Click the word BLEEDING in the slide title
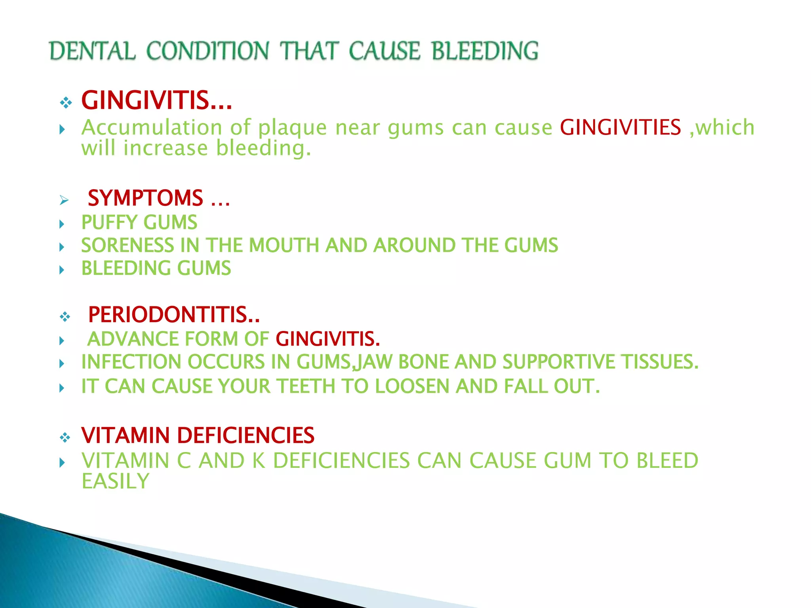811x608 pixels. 485,51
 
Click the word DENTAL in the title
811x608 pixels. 92,51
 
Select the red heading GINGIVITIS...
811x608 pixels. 156,101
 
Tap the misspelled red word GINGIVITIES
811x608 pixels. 620,127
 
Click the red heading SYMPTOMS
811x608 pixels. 145,198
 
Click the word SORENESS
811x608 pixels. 128,245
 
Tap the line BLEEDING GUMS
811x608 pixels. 156,268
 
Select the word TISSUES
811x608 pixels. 659,362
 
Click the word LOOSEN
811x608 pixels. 411,386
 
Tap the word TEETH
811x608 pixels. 306,386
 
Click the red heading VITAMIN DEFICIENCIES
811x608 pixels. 198,435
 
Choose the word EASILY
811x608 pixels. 115,481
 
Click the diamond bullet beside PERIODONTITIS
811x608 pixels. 65,317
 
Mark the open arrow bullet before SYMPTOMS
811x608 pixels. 64,200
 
